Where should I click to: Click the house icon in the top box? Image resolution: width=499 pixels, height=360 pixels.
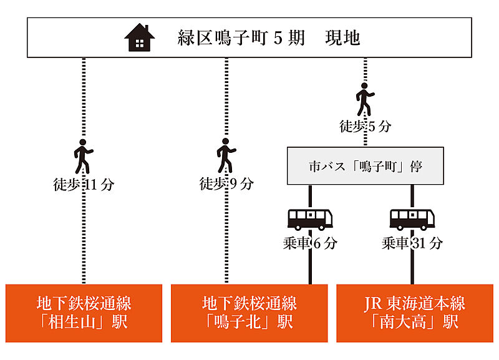pos(140,37)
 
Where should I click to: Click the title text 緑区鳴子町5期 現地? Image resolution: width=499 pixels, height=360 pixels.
pos(269,38)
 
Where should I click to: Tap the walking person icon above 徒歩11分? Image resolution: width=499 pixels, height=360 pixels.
pos(83,156)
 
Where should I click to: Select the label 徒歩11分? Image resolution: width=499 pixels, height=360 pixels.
pos(84,184)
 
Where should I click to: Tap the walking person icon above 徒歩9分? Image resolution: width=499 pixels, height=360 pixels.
pos(226,156)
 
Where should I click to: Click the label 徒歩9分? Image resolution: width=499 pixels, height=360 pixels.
pos(226,184)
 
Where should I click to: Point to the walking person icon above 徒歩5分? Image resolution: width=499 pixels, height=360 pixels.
pos(365,99)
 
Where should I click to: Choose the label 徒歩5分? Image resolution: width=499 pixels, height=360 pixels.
pos(366,126)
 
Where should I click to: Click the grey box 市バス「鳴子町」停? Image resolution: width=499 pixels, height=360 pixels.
pos(365,166)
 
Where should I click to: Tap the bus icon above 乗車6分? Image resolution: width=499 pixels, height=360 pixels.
pos(310,219)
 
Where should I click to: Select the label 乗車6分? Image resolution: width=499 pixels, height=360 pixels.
pos(309,243)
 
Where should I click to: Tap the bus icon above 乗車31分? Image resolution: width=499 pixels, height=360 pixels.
pos(412,219)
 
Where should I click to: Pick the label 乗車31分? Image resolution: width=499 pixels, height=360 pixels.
pos(412,243)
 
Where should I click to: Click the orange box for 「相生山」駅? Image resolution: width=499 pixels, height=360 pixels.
pos(84,313)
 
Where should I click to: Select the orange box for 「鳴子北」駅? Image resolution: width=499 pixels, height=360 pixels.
pos(249,313)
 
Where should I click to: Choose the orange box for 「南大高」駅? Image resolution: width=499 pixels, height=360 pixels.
pos(415,313)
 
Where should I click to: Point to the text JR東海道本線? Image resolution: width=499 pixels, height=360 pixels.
pos(415,304)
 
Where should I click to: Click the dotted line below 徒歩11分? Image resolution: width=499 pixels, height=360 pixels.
pos(84,237)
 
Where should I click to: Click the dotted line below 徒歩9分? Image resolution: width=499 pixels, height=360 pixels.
pos(226,237)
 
